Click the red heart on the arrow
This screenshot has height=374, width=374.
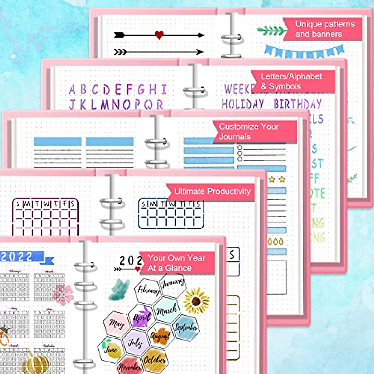159,35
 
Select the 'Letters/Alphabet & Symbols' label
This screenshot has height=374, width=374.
291,81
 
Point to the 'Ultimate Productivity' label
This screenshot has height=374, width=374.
212,191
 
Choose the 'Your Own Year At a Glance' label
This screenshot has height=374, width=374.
176,263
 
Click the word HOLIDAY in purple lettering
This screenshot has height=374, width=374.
242,104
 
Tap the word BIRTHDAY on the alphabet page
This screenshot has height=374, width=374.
297,104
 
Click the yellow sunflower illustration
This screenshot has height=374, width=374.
196,301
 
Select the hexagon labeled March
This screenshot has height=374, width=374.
167,309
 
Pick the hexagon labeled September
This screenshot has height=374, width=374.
186,327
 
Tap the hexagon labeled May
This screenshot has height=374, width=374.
116,324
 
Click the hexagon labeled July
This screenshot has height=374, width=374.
135,343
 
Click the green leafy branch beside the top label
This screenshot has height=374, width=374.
271,31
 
